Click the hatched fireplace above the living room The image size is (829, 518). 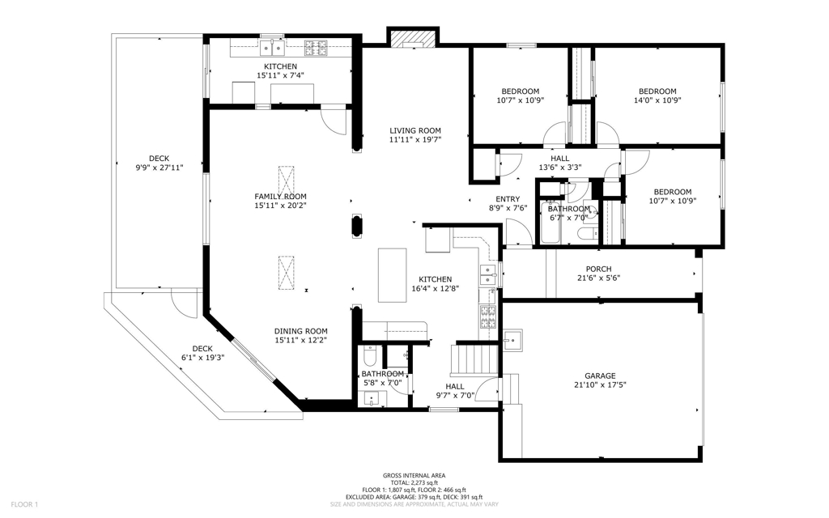413,38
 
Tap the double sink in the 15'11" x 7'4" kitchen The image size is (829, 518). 272,48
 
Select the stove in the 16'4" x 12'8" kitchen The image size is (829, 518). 487,316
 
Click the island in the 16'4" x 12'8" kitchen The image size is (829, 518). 393,275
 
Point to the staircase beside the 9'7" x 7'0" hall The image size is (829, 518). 474,359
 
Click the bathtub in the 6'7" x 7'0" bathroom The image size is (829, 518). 550,222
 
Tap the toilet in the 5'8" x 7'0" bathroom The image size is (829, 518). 369,357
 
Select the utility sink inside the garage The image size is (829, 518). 512,341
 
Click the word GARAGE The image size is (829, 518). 600,376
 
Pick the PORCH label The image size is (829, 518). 598,269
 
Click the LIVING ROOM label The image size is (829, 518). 415,130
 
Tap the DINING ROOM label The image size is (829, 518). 301,331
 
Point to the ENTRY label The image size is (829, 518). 508,199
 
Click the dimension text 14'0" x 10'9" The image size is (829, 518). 657,100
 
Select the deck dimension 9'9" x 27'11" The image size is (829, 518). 159,168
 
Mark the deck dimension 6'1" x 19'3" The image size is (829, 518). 202,357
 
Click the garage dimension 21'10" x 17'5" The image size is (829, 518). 600,384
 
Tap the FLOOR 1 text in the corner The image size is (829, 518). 24,505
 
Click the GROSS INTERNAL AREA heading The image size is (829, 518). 414,475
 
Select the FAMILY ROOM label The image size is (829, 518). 280,197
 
